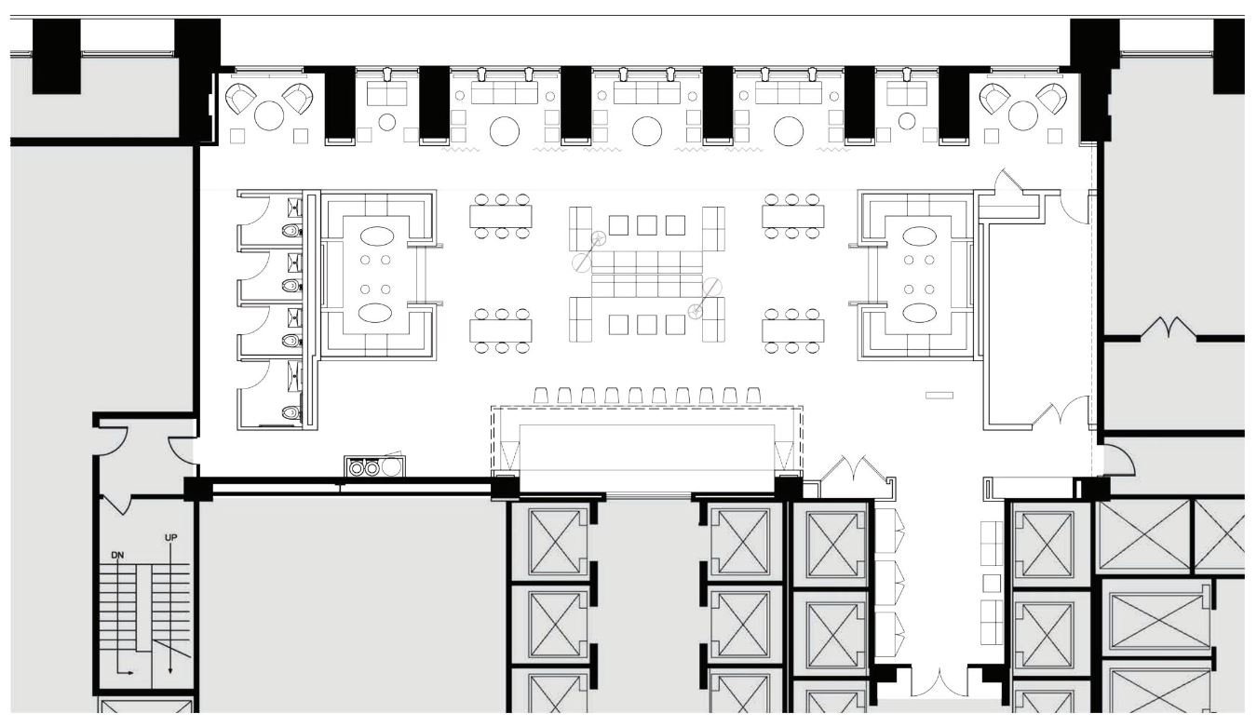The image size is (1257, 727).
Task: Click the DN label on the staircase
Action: pos(118,556)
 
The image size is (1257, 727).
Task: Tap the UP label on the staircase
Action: pos(171,539)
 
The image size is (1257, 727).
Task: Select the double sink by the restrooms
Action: pos(364,467)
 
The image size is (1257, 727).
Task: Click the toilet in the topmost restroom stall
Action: pos(292,229)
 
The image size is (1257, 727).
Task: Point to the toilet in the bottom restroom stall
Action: pos(292,411)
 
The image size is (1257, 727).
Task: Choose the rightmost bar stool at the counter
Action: pos(753,396)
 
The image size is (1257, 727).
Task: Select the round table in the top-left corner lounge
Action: pos(270,116)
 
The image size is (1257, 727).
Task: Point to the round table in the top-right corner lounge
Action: pos(1022,116)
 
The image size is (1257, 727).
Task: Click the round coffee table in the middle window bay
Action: pos(647,131)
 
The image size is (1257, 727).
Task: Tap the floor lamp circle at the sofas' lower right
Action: pos(695,311)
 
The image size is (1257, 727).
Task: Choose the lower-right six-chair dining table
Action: pos(792,331)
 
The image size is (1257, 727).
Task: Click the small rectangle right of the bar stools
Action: pos(939,396)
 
